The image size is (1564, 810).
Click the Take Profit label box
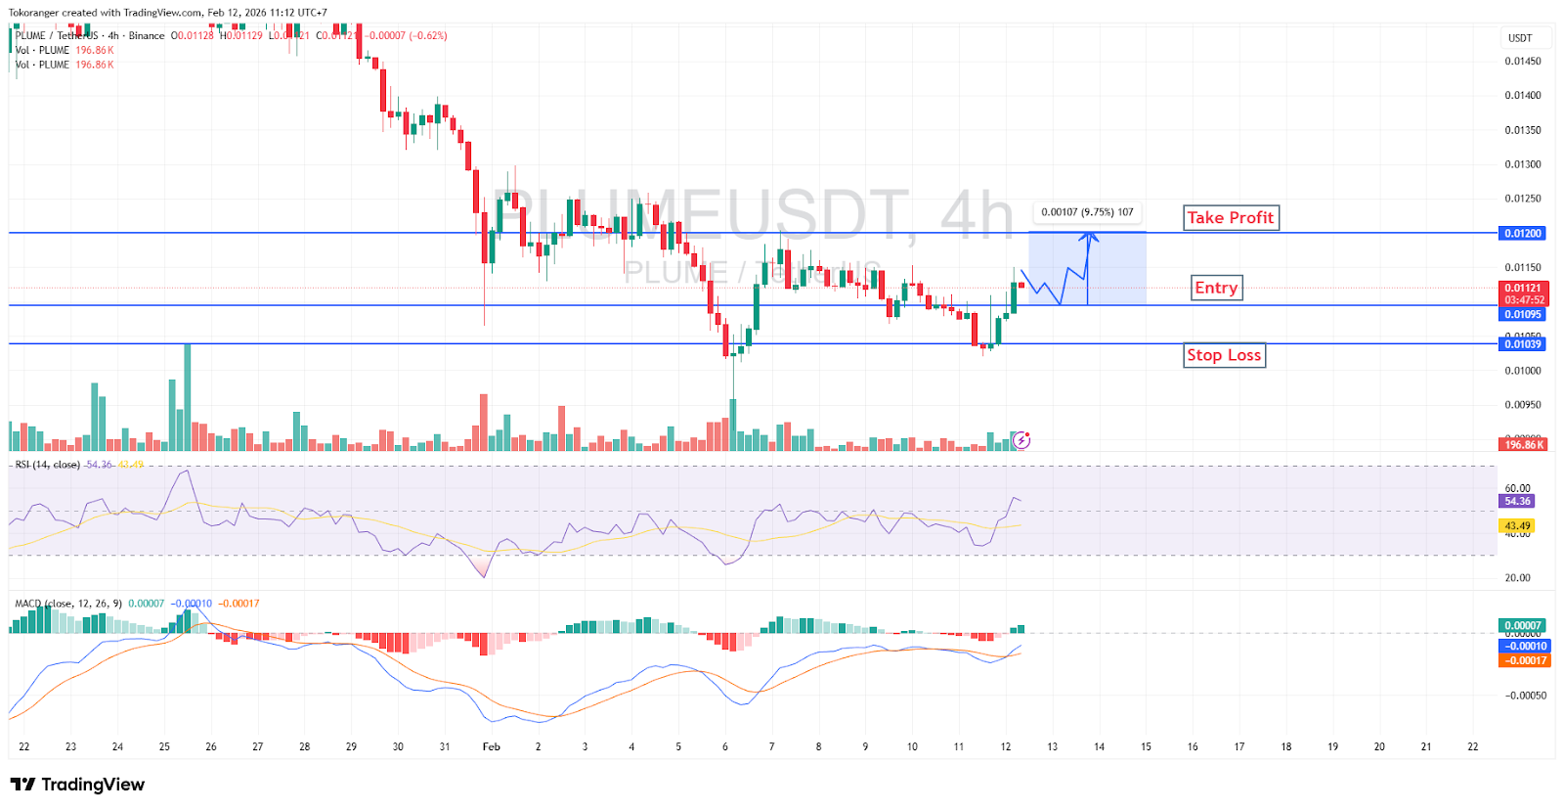point(1231,217)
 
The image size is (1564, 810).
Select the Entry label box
point(1216,288)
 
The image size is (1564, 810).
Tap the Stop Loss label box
point(1224,355)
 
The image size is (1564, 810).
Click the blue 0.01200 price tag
point(1523,233)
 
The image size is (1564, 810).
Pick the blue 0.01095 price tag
point(1523,314)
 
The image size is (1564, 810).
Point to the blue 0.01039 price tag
point(1523,344)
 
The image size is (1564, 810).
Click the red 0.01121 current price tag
point(1523,289)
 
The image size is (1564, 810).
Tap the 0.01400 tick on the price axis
point(1523,96)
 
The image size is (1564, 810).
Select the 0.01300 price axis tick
point(1523,164)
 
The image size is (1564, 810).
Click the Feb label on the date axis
point(492,746)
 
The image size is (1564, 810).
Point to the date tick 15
point(1146,746)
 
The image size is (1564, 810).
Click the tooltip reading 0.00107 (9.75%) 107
point(1087,212)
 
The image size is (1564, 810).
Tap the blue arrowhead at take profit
point(1088,236)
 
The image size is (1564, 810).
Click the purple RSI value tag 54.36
point(1517,501)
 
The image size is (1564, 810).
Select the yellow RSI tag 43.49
point(1517,525)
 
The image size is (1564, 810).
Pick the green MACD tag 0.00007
point(1523,625)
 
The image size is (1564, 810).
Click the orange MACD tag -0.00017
point(1523,660)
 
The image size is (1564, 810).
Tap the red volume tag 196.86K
point(1524,444)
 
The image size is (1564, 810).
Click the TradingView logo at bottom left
point(77,785)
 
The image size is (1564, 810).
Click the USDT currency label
point(1520,38)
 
